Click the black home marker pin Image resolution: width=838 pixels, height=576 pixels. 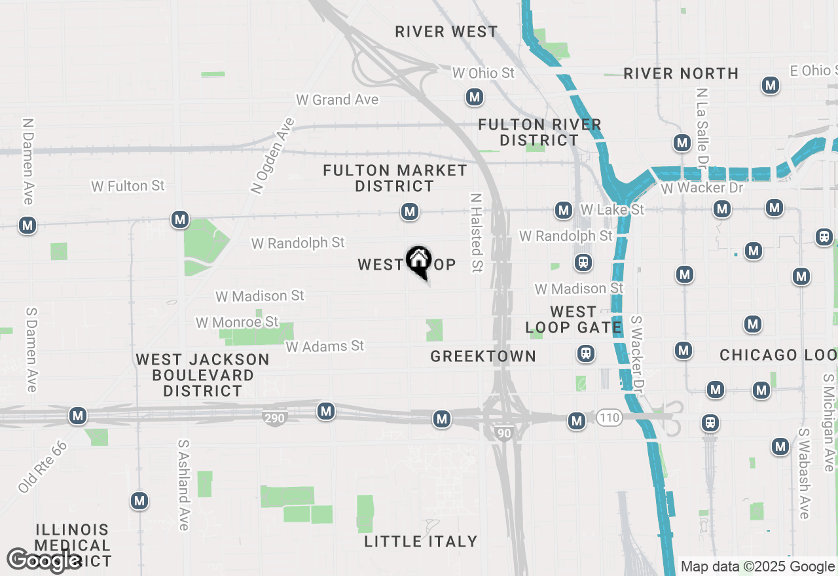pos(418,261)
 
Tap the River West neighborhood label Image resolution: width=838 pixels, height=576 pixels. pos(446,31)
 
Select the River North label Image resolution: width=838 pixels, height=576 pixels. pos(681,73)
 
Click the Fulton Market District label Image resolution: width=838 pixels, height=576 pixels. pos(395,178)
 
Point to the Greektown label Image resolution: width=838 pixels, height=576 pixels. pos(483,356)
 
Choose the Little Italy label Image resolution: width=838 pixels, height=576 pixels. pos(421,541)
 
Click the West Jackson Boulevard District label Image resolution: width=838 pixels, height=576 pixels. pos(202,375)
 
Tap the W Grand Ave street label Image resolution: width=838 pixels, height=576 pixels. pos(337,99)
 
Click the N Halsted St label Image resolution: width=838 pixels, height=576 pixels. pos(476,232)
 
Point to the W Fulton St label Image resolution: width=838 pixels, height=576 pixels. pos(128,186)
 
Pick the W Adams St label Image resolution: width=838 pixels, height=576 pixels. pos(325,346)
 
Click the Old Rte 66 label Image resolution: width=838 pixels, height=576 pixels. pos(43,467)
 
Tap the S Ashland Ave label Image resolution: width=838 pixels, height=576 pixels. pos(183,484)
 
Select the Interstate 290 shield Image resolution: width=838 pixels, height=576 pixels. pos(277,417)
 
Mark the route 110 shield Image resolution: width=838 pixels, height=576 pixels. pos(608,417)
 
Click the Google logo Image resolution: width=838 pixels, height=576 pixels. pos(44,560)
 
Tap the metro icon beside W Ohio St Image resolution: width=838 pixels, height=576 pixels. pos(475,98)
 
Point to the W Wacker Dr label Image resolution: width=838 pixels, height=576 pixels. pos(702,188)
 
